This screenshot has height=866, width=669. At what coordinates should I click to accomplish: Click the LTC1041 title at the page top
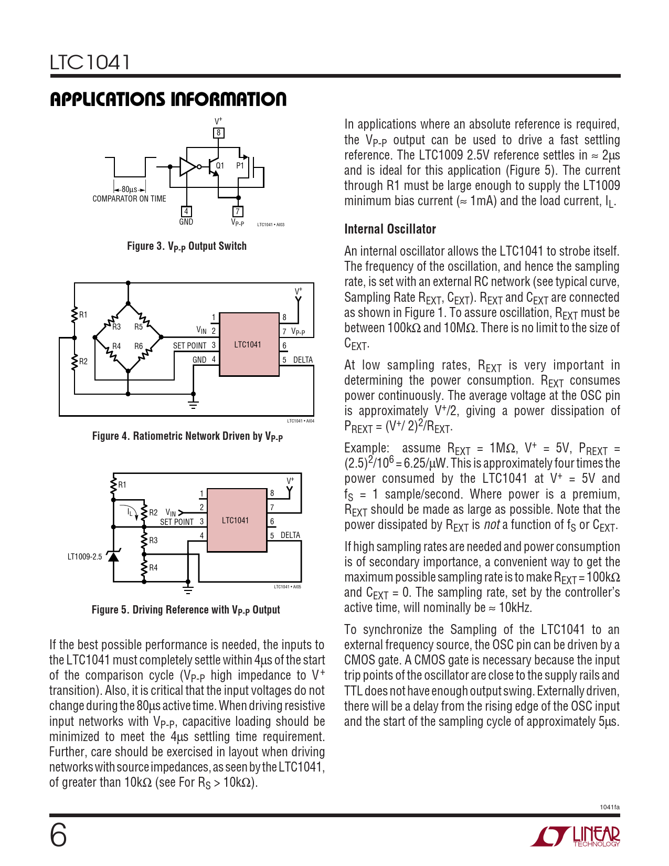pyautogui.click(x=90, y=62)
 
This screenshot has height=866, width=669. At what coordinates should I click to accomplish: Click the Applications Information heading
pyautogui.click(x=168, y=99)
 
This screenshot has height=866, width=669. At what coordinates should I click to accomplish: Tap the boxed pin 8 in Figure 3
pyautogui.click(x=219, y=133)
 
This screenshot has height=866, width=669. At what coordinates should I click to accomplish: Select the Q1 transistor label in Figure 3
pyautogui.click(x=220, y=165)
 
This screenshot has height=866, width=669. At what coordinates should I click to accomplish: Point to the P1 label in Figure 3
pyautogui.click(x=240, y=165)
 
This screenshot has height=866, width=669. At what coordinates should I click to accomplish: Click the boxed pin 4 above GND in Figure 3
pyautogui.click(x=186, y=212)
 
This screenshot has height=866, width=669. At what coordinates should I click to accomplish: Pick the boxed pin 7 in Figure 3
pyautogui.click(x=238, y=212)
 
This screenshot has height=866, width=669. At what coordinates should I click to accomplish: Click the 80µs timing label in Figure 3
pyautogui.click(x=129, y=189)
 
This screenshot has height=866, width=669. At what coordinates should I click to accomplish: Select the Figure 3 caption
pyautogui.click(x=187, y=246)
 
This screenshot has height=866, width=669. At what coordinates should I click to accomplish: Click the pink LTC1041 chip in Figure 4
pyautogui.click(x=248, y=344)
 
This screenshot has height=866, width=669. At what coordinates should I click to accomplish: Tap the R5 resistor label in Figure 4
pyautogui.click(x=139, y=326)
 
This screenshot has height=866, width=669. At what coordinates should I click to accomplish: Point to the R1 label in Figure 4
pyautogui.click(x=83, y=315)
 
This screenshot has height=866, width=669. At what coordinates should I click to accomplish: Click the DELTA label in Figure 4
pyautogui.click(x=303, y=360)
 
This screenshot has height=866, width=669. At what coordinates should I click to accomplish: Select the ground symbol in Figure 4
pyautogui.click(x=193, y=404)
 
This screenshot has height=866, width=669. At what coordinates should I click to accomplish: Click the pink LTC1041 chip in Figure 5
pyautogui.click(x=236, y=520)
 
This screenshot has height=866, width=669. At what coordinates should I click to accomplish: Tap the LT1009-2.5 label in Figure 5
pyautogui.click(x=84, y=556)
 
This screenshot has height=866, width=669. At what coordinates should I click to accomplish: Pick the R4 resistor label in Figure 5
pyautogui.click(x=153, y=567)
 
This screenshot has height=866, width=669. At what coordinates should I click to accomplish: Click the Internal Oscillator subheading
pyautogui.click(x=390, y=229)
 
